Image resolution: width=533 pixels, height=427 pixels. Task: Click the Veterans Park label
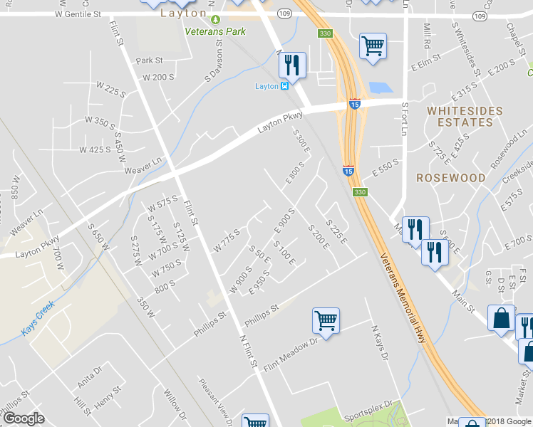[214, 31]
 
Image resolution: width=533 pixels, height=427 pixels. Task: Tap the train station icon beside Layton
[284, 86]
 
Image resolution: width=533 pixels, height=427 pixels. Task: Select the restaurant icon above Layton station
[292, 65]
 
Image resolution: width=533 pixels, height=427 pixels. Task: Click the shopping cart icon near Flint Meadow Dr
[326, 320]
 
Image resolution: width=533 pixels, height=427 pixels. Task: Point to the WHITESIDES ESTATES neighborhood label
[465, 117]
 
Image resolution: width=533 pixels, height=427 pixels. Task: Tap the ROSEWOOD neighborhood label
[450, 178]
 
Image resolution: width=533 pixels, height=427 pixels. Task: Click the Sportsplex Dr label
[370, 412]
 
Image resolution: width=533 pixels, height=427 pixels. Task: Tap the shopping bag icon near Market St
[501, 319]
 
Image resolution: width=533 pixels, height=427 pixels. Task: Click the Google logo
[24, 418]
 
